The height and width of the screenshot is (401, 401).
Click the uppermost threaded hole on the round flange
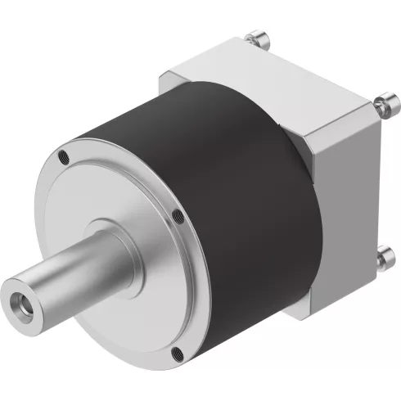click(62, 154)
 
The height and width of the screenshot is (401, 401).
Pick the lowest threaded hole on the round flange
click(178, 354)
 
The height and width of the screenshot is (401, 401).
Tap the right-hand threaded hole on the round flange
click(177, 217)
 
